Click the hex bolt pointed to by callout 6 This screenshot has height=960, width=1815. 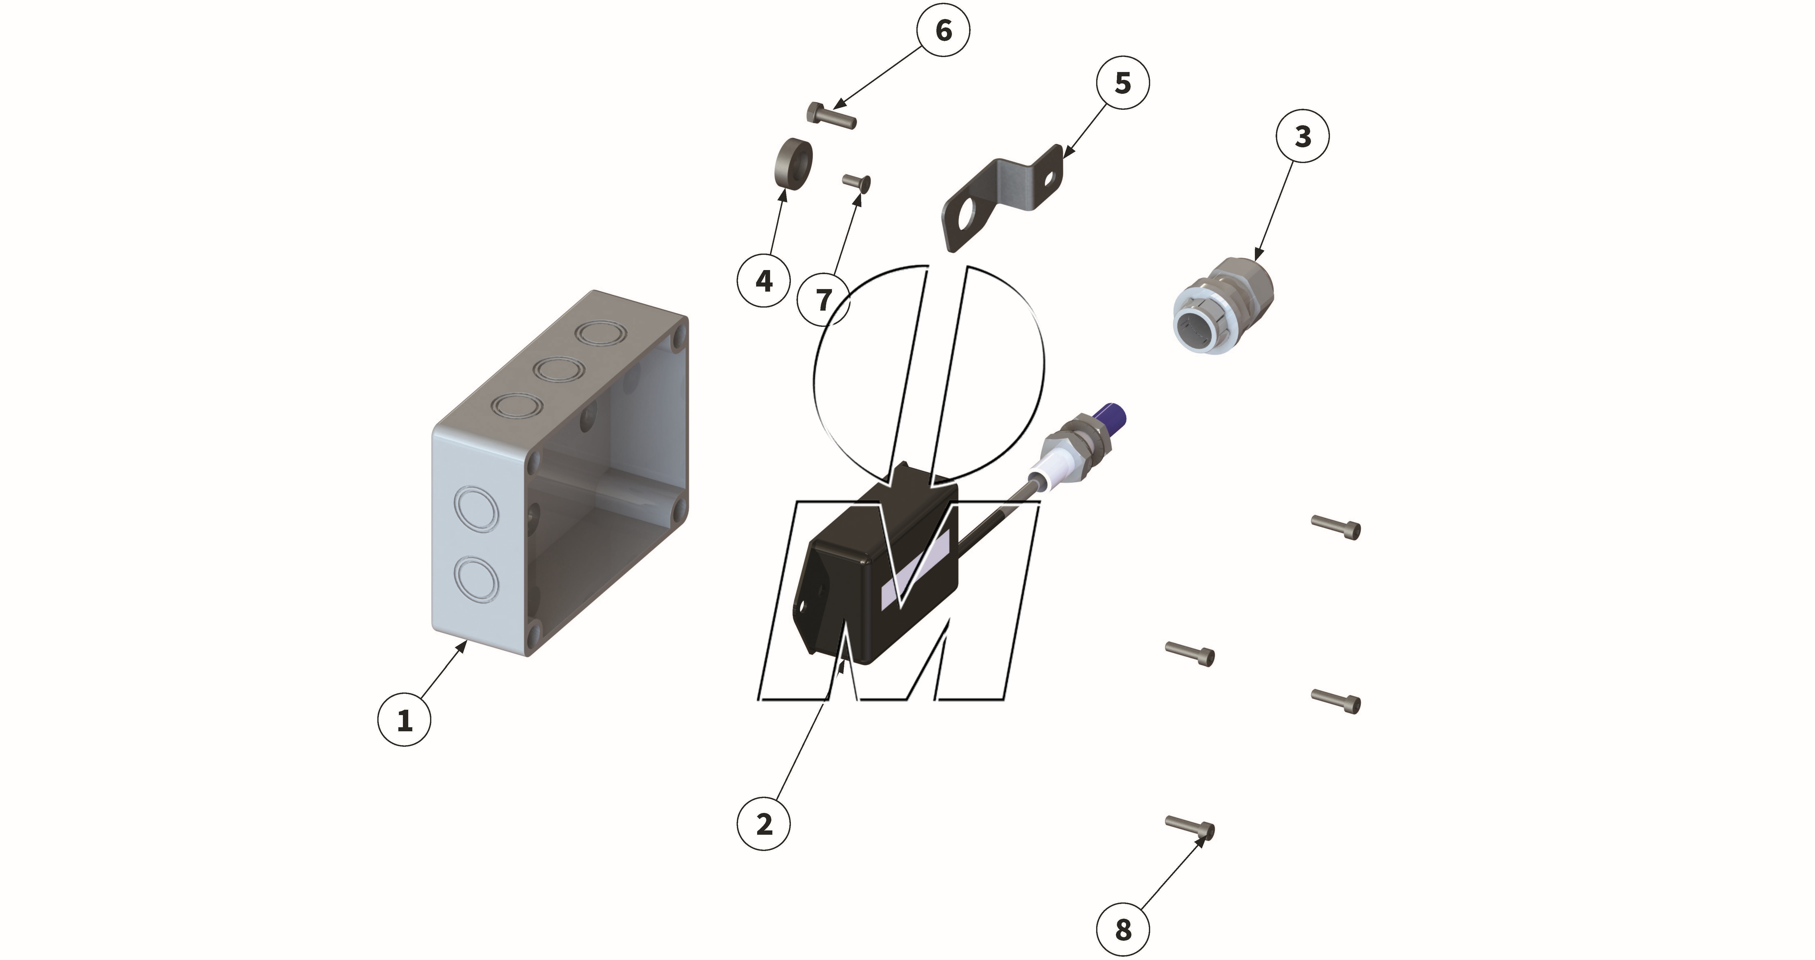pos(831,116)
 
